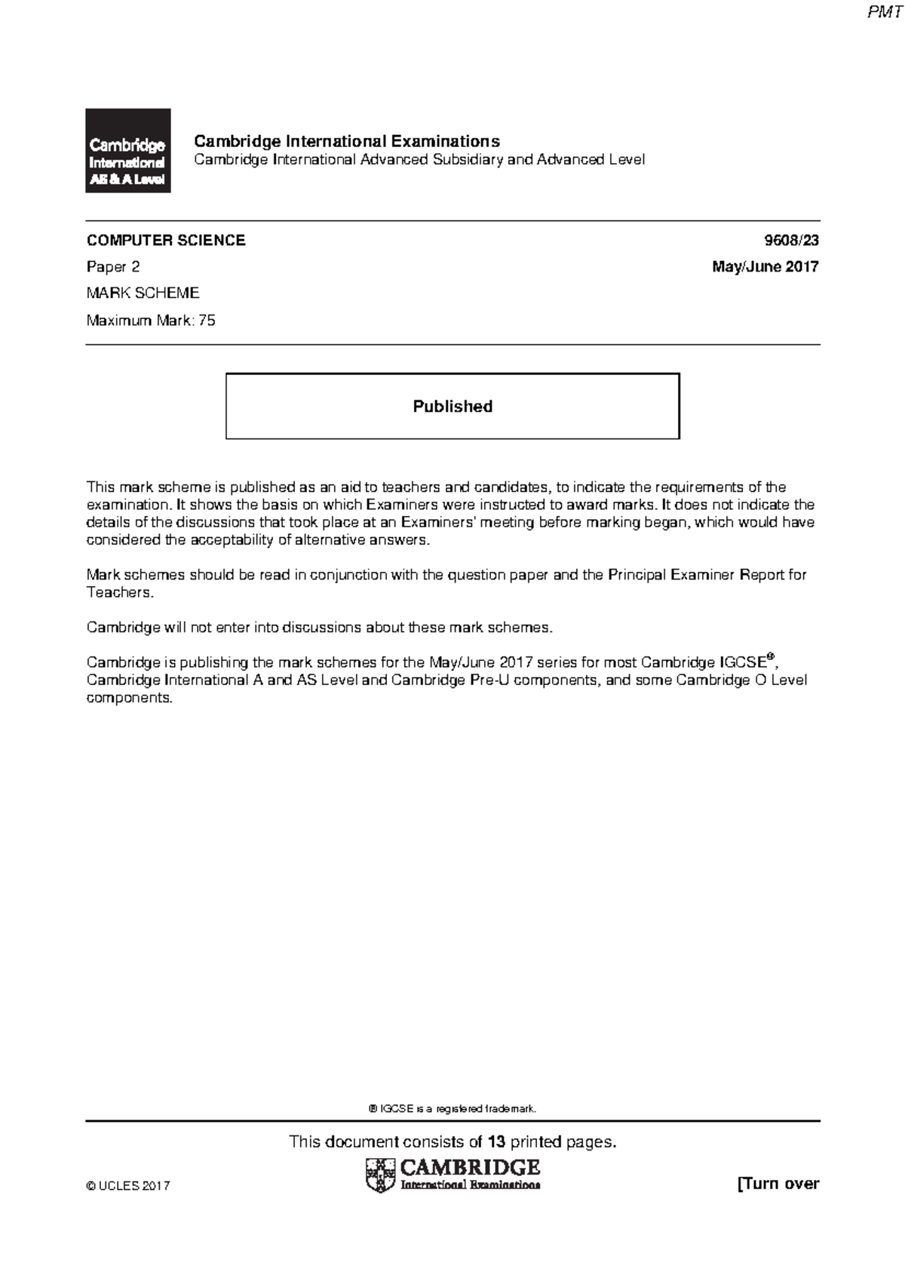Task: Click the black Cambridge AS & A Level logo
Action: tap(127, 151)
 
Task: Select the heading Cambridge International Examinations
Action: tap(347, 141)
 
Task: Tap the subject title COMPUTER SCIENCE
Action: tap(166, 241)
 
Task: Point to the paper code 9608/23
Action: tap(791, 241)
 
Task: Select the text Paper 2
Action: tap(113, 266)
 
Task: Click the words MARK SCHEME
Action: tap(143, 293)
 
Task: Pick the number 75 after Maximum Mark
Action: tap(207, 320)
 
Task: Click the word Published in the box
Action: tap(452, 406)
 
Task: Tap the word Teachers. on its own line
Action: tap(120, 592)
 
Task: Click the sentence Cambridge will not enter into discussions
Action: tap(320, 627)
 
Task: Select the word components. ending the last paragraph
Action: tap(130, 697)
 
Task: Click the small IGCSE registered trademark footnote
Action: tap(452, 1108)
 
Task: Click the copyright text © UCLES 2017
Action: tap(128, 1185)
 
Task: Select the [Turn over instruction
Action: tap(778, 1184)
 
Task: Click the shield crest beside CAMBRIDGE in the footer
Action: tap(380, 1175)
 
